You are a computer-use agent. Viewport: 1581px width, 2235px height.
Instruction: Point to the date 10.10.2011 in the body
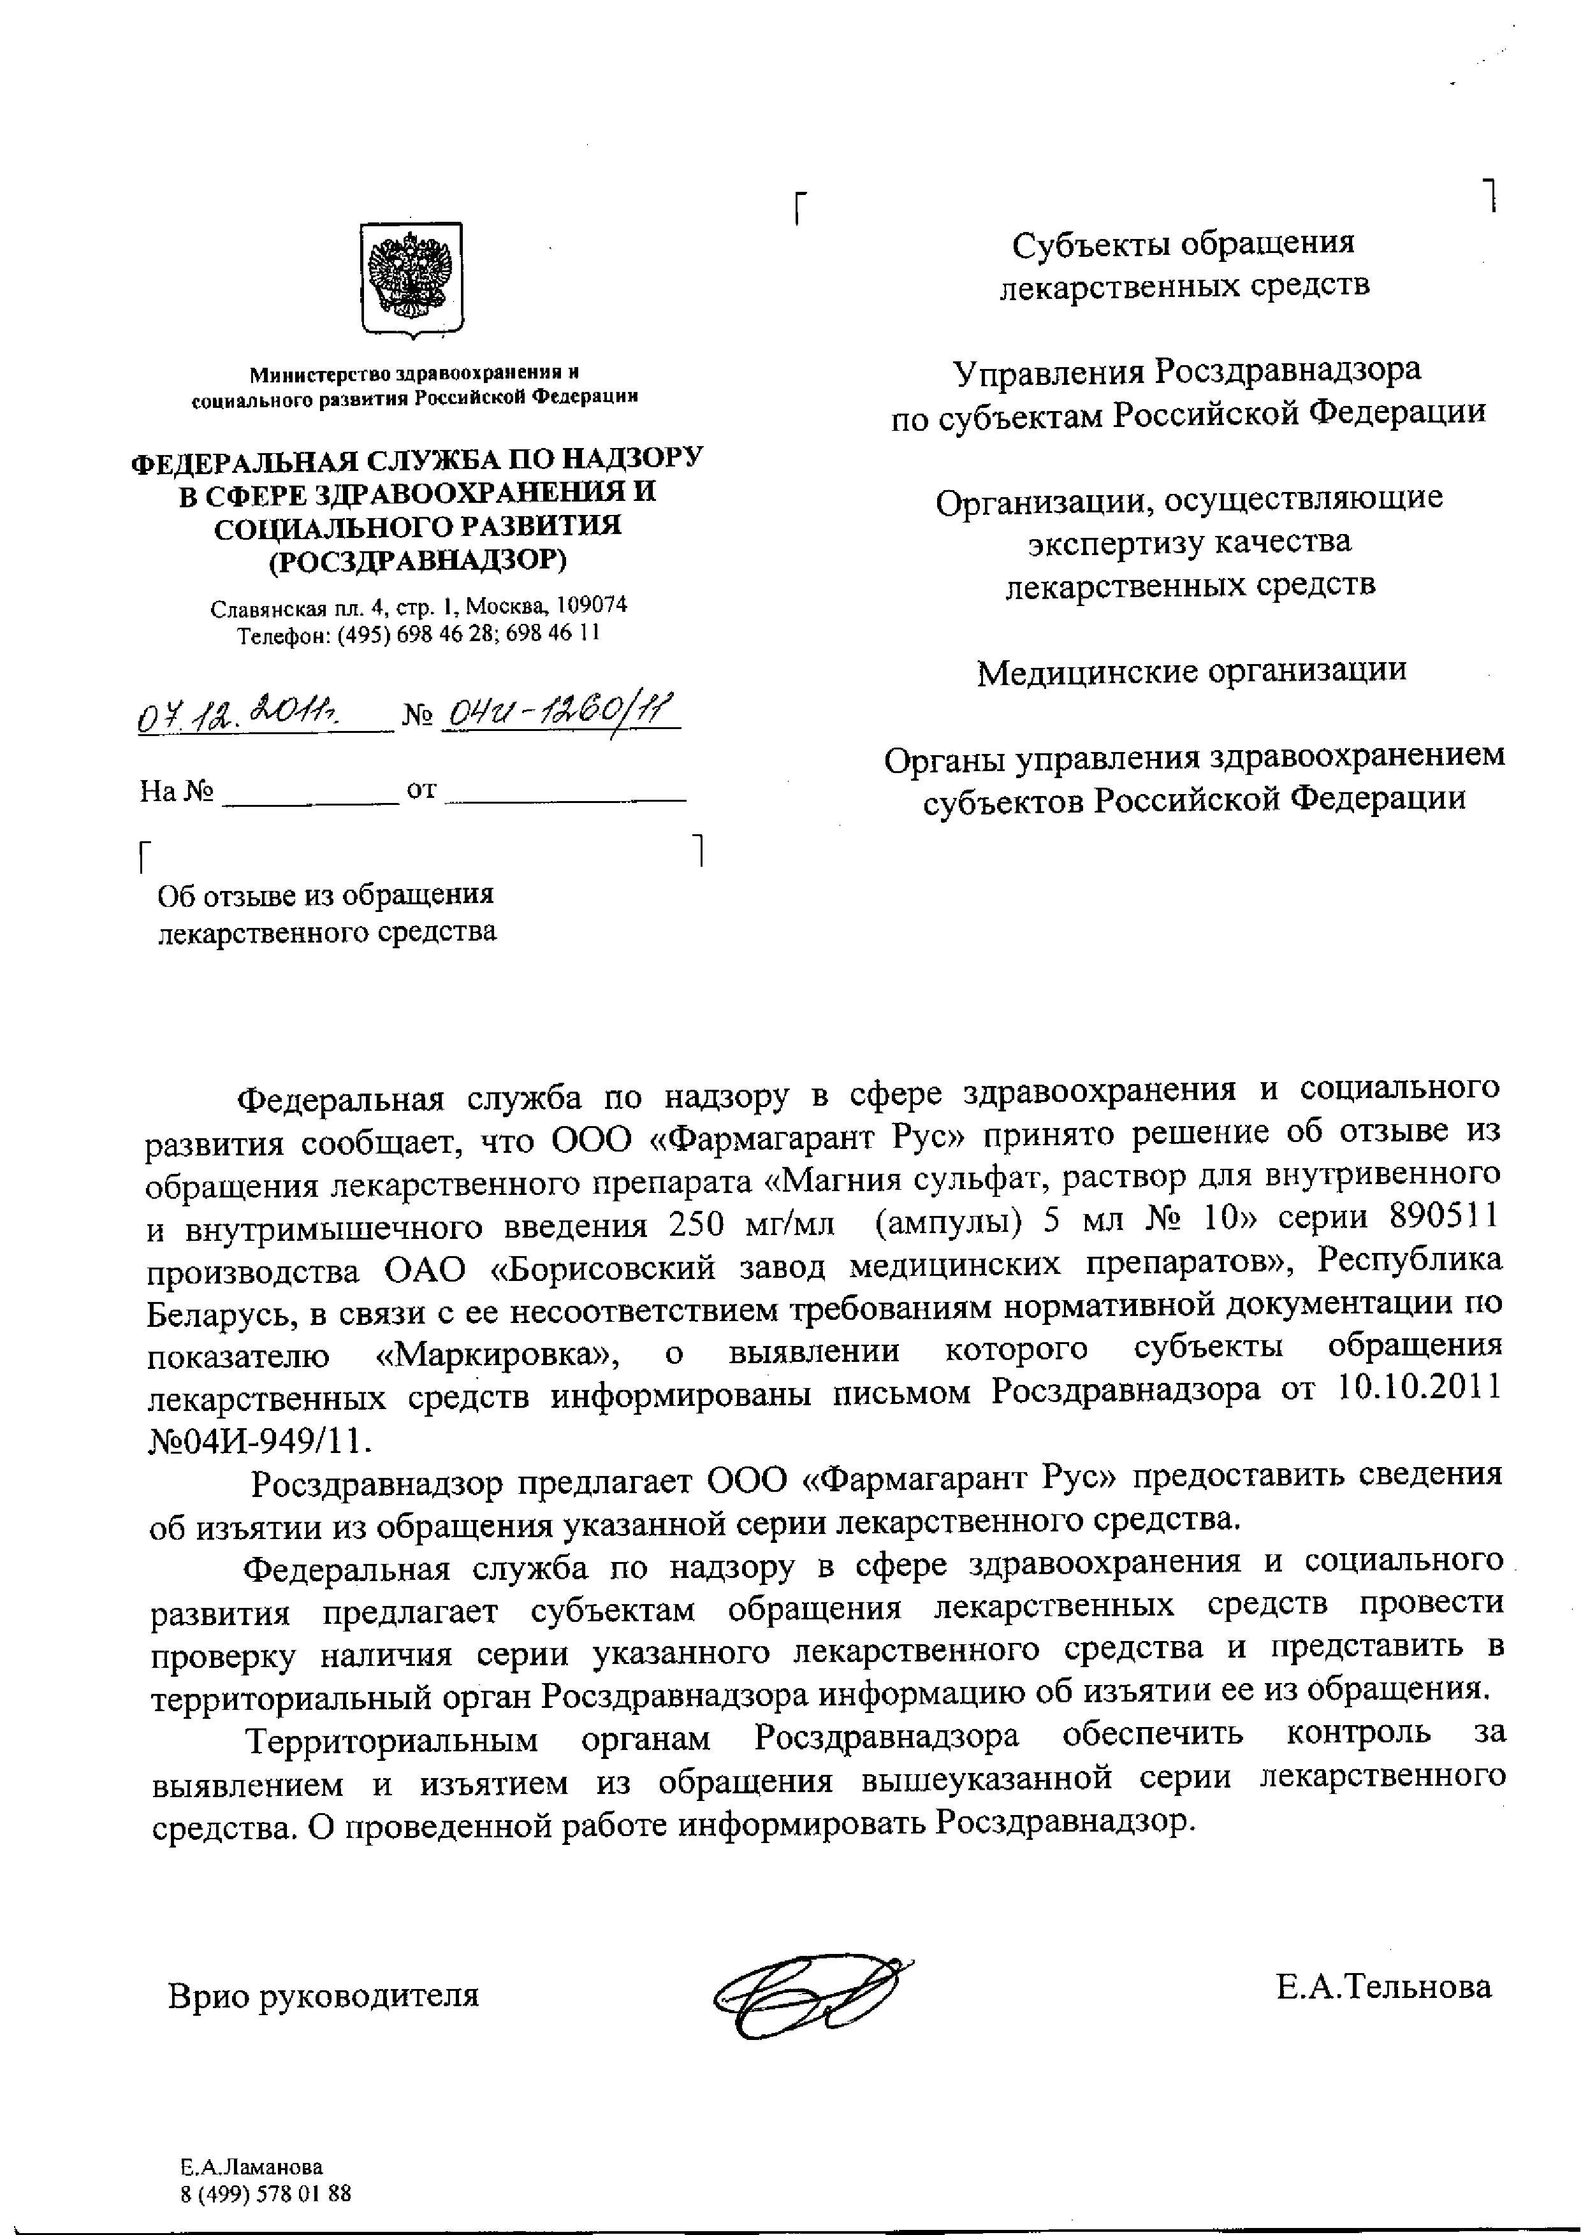1420,1389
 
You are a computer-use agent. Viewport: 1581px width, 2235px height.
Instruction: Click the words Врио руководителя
324,1995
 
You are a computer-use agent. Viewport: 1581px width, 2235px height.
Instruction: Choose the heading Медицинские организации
1191,670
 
